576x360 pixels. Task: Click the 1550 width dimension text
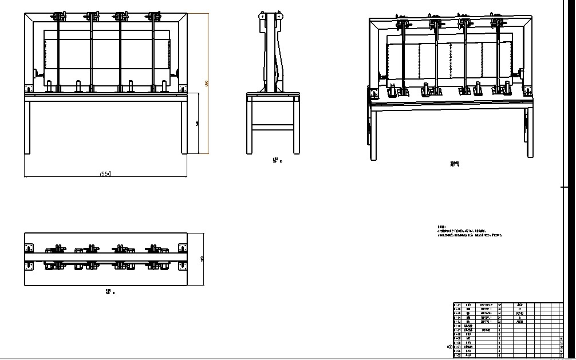(x=105, y=173)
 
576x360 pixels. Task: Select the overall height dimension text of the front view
(x=206, y=84)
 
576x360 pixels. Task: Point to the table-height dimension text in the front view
(x=198, y=123)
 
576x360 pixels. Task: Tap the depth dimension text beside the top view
(x=202, y=259)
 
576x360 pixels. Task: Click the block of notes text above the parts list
(x=470, y=232)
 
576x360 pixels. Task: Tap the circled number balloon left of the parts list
(x=449, y=347)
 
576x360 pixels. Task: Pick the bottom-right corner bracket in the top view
(x=183, y=266)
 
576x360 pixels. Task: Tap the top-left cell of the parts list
(x=457, y=305)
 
